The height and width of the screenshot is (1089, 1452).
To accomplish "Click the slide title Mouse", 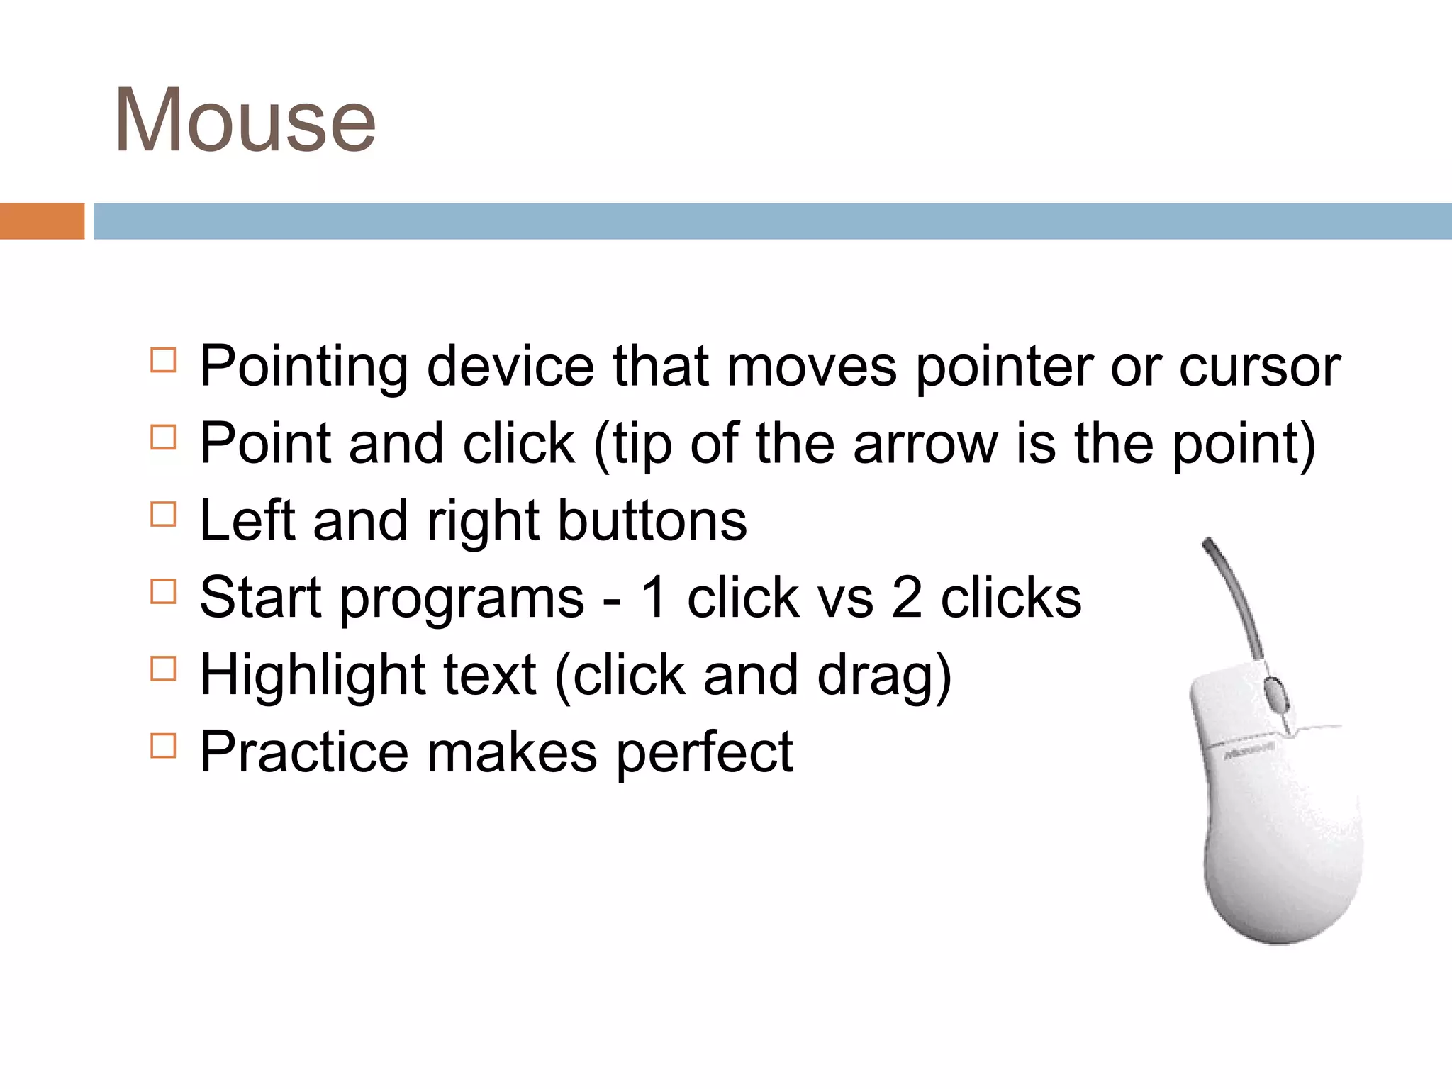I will point(245,121).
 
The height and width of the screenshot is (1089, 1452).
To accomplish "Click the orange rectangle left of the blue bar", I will point(42,221).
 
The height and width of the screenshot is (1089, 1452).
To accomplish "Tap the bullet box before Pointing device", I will point(163,360).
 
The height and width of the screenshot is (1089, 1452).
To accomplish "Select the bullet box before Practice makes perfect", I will point(163,746).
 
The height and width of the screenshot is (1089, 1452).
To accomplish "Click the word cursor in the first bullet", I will point(1259,367).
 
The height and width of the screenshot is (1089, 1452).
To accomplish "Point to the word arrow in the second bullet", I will point(925,445).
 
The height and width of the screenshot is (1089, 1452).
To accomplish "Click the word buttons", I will point(652,521).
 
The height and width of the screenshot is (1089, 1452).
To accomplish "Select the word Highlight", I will point(312,676).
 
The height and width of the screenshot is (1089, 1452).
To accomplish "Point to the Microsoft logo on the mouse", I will point(1250,751).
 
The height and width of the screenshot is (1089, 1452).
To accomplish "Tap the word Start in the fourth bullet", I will point(261,598).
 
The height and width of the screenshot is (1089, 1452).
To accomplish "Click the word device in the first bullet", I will point(510,367).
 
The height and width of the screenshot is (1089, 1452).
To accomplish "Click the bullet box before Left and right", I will point(163,514).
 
